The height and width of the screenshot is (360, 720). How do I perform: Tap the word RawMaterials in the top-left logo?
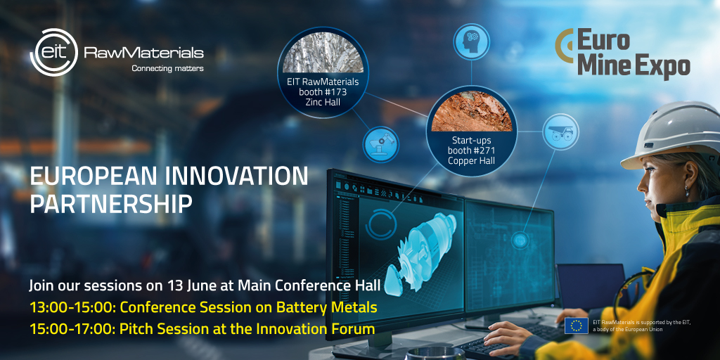pos(143,53)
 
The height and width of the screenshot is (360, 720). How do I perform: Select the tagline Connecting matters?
pos(167,69)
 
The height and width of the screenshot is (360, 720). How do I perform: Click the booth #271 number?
pos(471,150)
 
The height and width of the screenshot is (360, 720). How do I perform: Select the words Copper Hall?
pos(471,160)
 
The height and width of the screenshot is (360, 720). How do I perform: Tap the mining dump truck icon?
pos(560,131)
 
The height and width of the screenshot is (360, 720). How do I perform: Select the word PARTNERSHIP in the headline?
pos(110,204)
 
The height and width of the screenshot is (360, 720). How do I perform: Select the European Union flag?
pos(577,326)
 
